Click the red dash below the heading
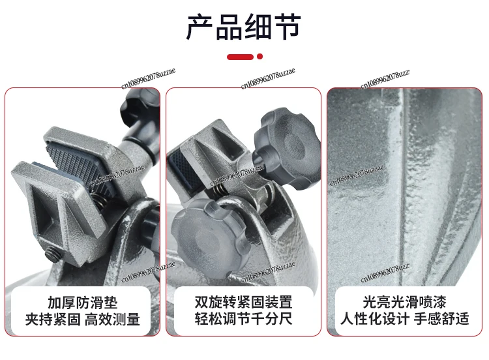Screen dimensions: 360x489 [239, 57]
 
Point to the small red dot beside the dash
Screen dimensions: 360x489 [260, 57]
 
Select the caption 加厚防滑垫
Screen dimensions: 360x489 [82, 303]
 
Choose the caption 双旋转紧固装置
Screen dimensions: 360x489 [243, 303]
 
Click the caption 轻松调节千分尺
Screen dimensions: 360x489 [243, 320]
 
